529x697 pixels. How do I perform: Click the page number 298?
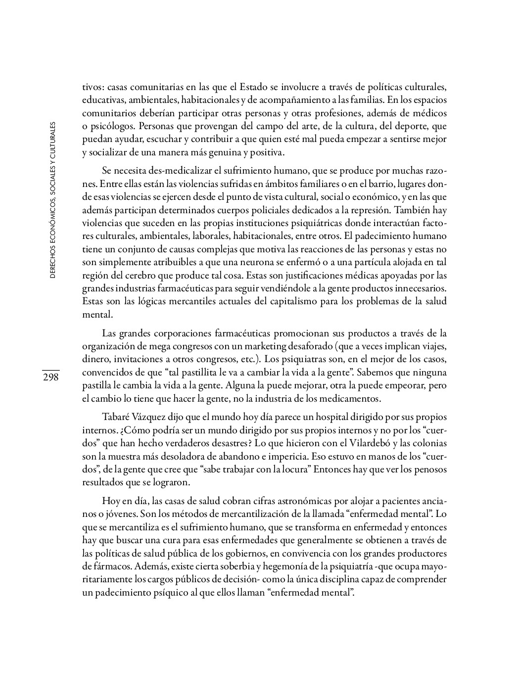(x=50, y=377)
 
